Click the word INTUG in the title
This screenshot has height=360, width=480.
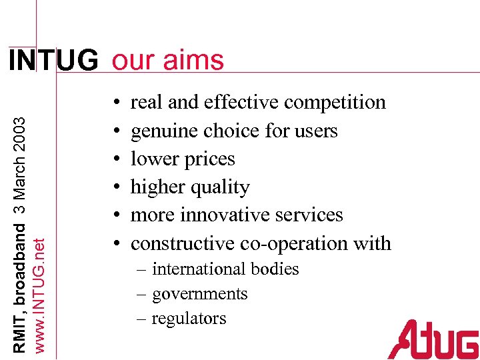click(53, 61)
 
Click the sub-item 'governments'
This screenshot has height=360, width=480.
click(199, 294)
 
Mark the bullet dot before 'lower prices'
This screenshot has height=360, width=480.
click(117, 160)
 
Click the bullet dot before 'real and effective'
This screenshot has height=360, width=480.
click(117, 103)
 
